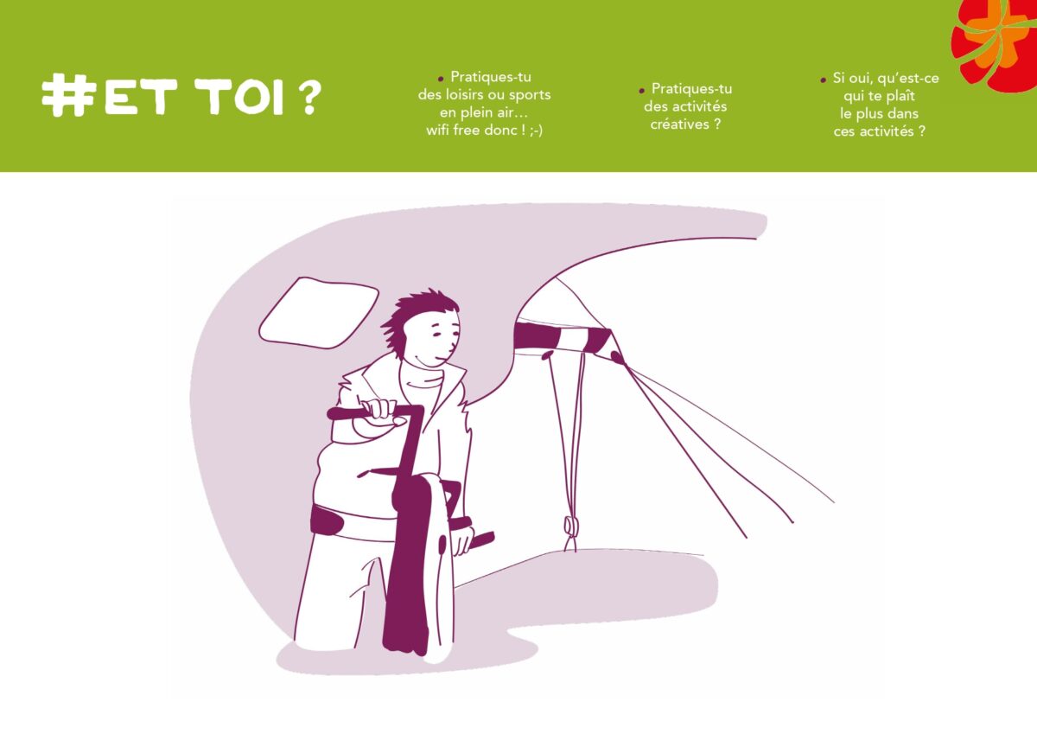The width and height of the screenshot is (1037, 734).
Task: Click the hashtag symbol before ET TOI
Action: (69, 95)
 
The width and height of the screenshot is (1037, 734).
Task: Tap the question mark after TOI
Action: (307, 96)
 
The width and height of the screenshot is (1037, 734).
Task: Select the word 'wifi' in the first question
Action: (437, 131)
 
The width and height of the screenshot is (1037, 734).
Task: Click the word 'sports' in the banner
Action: (530, 95)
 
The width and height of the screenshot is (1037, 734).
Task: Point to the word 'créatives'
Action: (679, 124)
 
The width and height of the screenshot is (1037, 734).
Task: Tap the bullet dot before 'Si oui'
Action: (823, 80)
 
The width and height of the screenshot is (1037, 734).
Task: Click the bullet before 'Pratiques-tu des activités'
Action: (641, 91)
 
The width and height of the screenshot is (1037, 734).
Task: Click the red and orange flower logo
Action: (996, 41)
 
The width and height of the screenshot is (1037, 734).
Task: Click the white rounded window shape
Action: (319, 313)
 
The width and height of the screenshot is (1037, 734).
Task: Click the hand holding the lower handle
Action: (462, 539)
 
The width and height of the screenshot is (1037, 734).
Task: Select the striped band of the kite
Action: (563, 338)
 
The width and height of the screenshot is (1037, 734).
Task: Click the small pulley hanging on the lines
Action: (571, 526)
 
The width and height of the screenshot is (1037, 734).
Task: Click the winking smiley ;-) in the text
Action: (536, 131)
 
